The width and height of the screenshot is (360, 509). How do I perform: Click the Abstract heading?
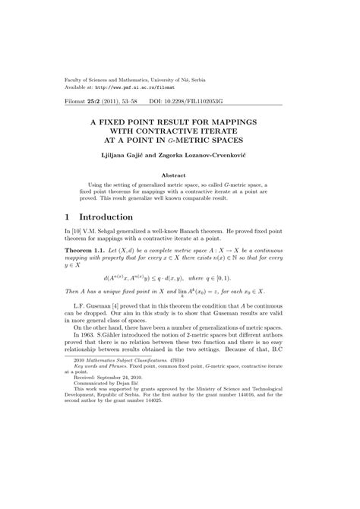tap(179, 174)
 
